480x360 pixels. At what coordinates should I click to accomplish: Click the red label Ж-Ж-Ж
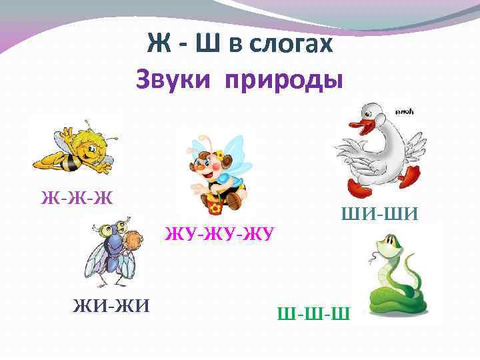(x=76, y=197)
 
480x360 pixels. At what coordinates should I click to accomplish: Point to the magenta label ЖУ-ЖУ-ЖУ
(x=221, y=235)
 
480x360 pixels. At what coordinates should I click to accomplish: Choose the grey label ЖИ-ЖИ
(x=111, y=306)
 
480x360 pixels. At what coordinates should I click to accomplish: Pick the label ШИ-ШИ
(x=379, y=215)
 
